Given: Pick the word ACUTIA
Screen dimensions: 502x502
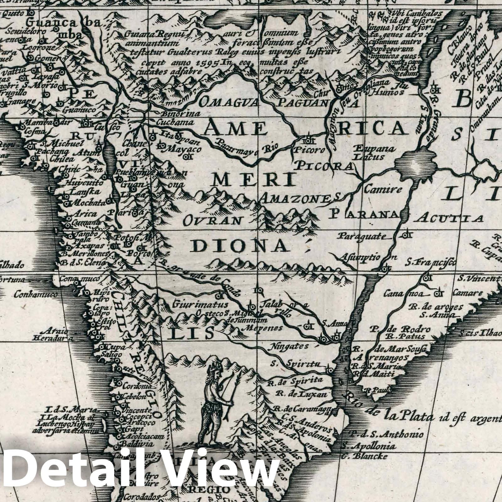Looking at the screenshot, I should tap(451, 218).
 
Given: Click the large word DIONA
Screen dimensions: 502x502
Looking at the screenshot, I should tap(240, 246).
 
